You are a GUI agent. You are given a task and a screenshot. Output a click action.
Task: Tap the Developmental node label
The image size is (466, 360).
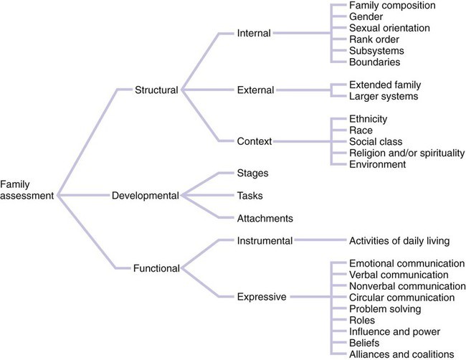pos(146,195)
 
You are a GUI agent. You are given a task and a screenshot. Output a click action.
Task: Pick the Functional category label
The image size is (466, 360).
pos(156,268)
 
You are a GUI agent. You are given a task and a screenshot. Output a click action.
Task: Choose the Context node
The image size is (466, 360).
pos(254,141)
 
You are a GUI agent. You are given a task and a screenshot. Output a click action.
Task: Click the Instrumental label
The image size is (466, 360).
pos(264,241)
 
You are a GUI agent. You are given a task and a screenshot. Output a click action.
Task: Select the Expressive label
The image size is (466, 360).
pos(261,296)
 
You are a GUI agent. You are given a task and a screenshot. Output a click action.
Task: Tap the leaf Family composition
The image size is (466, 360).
pos(393,6)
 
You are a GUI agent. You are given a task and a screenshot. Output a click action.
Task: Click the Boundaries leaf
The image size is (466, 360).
pos(376,62)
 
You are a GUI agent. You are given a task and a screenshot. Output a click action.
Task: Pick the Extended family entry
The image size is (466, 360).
pos(386,85)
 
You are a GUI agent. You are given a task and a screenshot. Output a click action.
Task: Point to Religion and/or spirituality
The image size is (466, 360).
pos(406,153)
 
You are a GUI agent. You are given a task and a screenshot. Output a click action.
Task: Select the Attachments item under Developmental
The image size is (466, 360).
pos(265,218)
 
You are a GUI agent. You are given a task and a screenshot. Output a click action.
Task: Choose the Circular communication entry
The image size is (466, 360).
pos(401,297)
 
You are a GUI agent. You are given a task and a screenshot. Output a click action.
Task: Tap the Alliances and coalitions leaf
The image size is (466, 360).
pos(401,354)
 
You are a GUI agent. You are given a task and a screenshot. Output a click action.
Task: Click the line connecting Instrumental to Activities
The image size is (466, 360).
pos(319,242)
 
